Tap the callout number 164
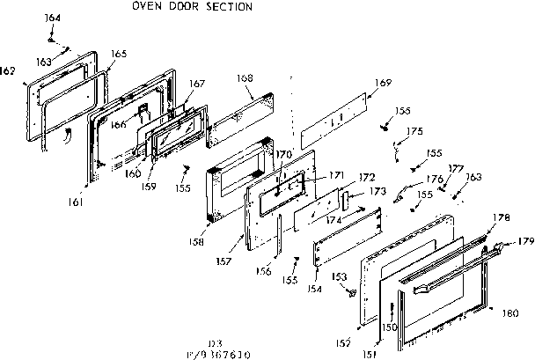click(x=52, y=18)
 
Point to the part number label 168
click(x=245, y=78)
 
